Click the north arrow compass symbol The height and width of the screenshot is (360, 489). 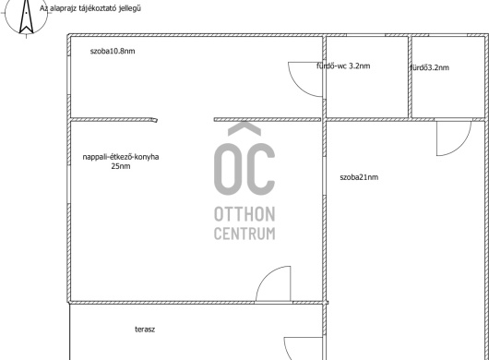(26, 17)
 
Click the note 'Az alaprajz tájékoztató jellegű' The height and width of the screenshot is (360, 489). (90, 8)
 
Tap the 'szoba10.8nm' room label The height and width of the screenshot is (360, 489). (113, 51)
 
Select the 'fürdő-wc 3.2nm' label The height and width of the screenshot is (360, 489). (343, 66)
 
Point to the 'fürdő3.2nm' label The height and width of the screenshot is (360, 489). (429, 67)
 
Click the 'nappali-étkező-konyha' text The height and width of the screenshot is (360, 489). (121, 157)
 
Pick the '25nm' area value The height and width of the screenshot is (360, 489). (121, 166)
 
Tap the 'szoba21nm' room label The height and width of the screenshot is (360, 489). (359, 177)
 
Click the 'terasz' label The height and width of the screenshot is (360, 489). (145, 330)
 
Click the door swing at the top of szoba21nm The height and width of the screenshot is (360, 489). (462, 146)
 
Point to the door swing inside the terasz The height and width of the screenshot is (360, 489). (287, 350)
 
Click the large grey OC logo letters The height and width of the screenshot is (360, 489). (244, 170)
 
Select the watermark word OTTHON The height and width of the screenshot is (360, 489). (244, 214)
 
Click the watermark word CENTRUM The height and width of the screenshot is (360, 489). (244, 234)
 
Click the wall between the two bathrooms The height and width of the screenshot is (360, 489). (410, 77)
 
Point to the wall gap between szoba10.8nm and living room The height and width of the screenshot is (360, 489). (185, 119)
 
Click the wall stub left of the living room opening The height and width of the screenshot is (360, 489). (113, 120)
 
